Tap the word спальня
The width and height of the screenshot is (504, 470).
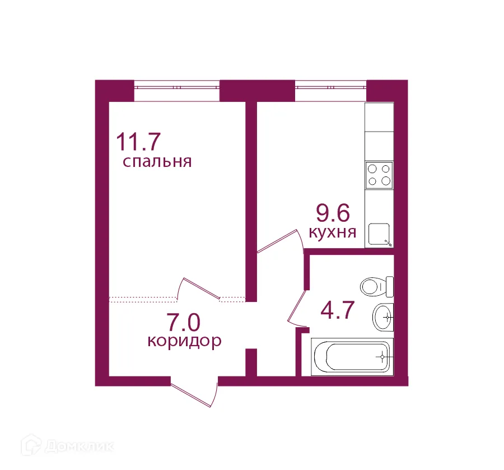(157, 162)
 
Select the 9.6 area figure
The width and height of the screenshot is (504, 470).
(333, 213)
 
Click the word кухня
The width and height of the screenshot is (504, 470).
(333, 232)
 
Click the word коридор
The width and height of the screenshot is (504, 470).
(184, 341)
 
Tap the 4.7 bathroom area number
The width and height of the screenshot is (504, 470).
(338, 310)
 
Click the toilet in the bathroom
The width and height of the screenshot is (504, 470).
(377, 287)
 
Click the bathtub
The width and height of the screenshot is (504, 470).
(352, 356)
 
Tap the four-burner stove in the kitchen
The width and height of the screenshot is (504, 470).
(379, 174)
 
